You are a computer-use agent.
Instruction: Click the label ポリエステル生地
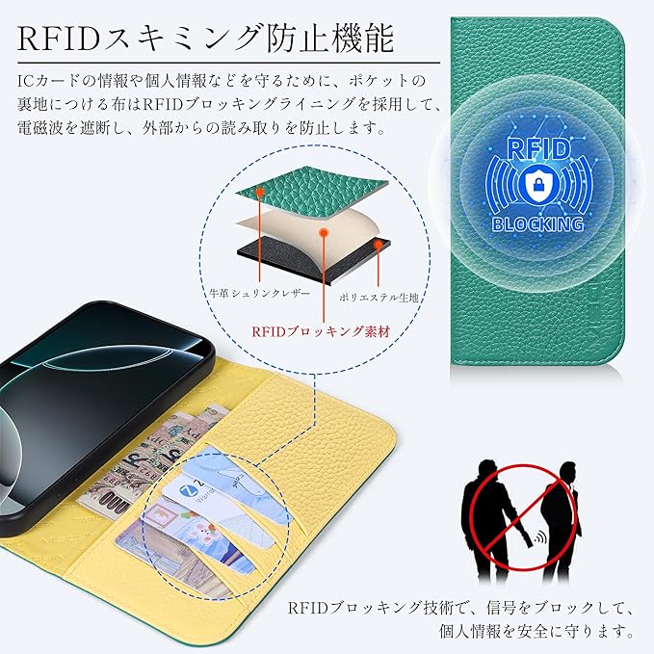click(379, 299)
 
